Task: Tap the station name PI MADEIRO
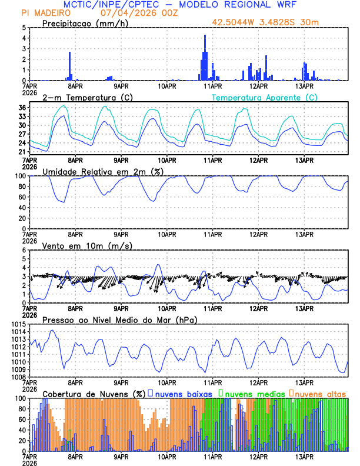pos(42,13)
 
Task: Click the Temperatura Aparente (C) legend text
pos(264,97)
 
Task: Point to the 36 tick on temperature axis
pos(22,108)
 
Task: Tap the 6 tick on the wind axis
pos(24,250)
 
